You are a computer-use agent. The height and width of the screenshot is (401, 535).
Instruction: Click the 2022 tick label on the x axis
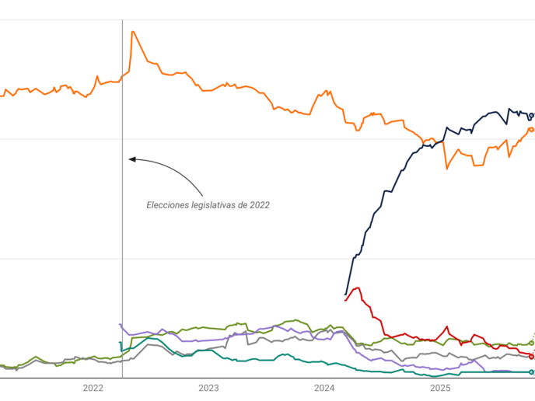[93, 389]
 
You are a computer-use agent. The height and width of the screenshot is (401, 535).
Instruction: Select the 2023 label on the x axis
[208, 389]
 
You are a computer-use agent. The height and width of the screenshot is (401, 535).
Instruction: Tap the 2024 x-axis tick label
[324, 389]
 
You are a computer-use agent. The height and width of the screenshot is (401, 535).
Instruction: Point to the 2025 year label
[440, 389]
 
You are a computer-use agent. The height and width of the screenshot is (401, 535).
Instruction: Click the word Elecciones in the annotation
[168, 205]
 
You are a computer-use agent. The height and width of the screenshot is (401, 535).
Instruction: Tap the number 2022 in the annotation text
[259, 205]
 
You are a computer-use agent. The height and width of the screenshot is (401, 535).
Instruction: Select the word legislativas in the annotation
[214, 205]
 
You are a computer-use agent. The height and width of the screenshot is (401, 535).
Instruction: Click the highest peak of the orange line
[133, 31]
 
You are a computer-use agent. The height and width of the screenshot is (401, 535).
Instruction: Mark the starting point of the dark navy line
[345, 295]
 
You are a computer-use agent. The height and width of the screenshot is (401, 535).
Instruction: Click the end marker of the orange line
[532, 129]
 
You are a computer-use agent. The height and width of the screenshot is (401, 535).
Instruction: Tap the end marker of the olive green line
[532, 343]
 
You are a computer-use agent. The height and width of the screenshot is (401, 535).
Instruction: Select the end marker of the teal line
[532, 372]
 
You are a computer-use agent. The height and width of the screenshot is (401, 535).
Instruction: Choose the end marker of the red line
[532, 356]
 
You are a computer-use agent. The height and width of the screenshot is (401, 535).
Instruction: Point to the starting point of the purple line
[120, 324]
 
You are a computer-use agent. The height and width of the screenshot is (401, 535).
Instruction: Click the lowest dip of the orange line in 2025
[446, 168]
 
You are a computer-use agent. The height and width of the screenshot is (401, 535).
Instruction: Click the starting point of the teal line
[120, 342]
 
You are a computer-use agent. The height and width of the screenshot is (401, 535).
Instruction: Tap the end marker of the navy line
[533, 114]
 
